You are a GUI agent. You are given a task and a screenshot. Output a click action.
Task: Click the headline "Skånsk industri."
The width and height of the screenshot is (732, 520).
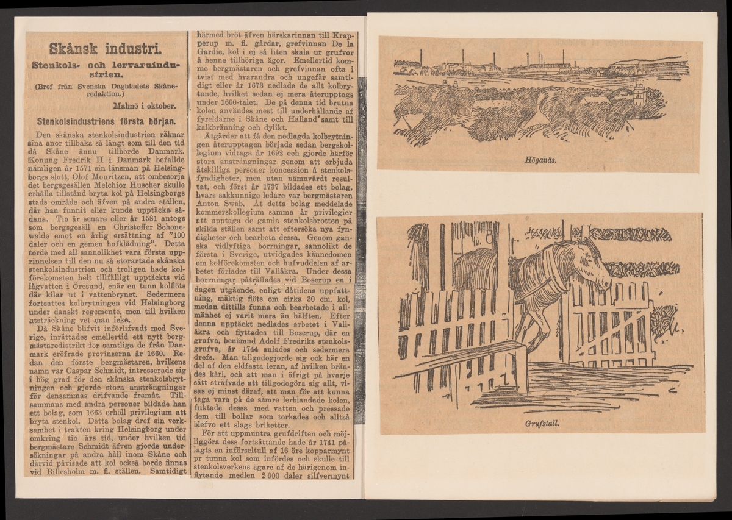(105, 47)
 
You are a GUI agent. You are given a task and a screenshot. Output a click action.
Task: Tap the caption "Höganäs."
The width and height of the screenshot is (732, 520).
(539, 163)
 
